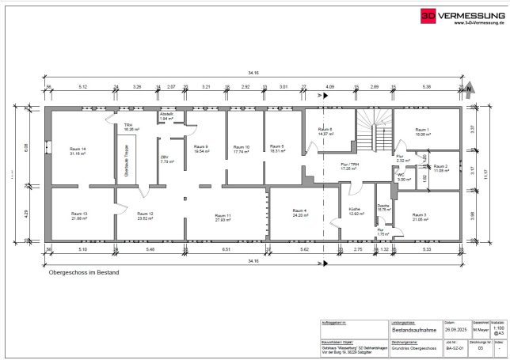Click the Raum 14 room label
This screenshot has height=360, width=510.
point(78,150)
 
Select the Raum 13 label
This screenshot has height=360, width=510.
point(79,214)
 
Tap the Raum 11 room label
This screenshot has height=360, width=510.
point(223,215)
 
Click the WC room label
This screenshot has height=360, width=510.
point(401,176)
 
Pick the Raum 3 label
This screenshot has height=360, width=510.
point(419,215)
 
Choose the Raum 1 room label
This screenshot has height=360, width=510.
point(422,130)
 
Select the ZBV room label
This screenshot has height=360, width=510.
point(164,158)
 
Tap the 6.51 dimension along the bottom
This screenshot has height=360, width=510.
point(226,249)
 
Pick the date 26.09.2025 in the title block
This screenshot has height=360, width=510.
point(455,332)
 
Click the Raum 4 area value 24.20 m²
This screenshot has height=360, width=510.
point(299,215)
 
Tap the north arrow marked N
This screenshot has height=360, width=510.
point(469,89)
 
